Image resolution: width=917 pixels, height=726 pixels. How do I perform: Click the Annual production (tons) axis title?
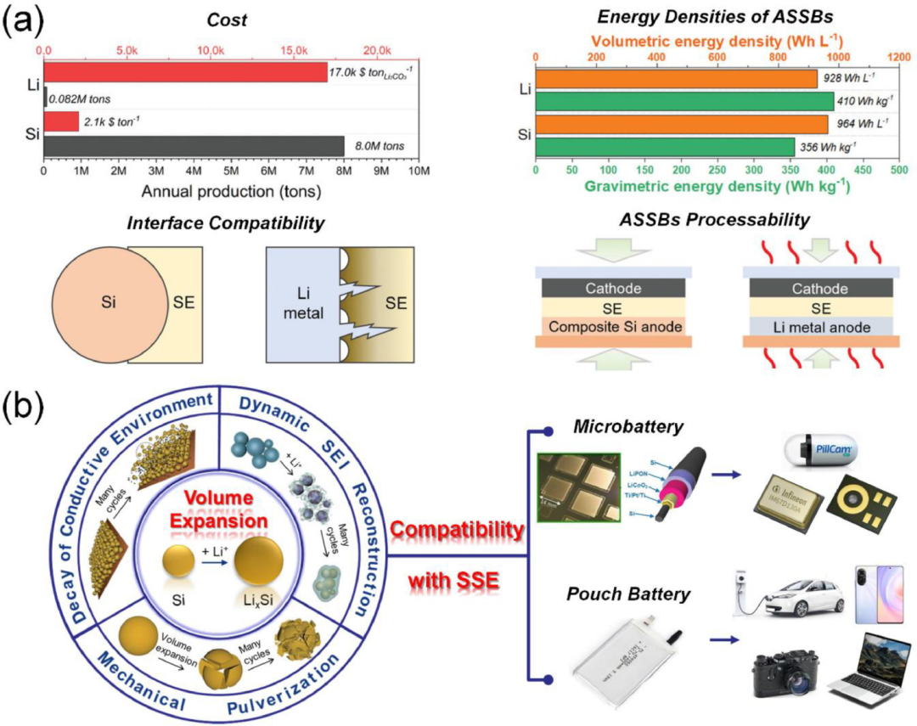(182, 191)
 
